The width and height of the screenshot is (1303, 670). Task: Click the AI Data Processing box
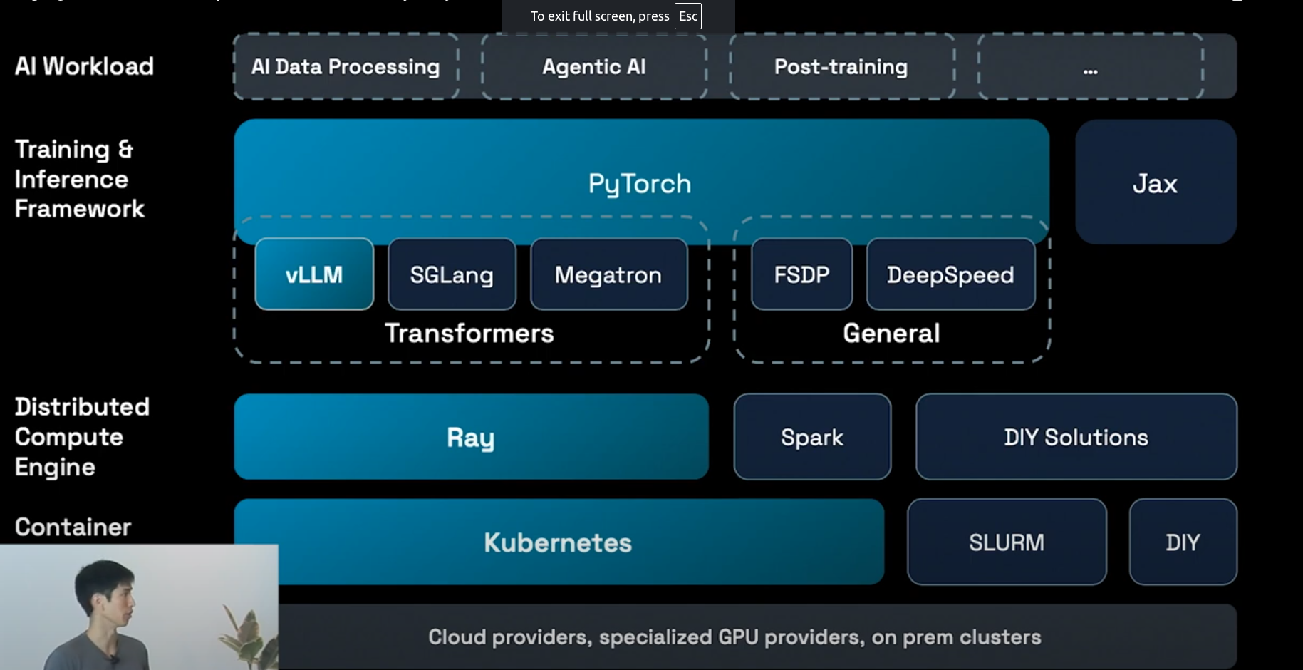tap(346, 67)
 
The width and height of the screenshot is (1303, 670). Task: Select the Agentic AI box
tap(594, 67)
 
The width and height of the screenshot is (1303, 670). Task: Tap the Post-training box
tap(841, 67)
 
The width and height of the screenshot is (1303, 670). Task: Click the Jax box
tap(1155, 183)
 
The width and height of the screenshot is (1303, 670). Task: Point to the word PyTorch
tap(640, 184)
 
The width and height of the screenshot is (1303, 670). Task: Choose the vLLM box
tap(314, 274)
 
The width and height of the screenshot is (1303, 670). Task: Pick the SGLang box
tap(452, 274)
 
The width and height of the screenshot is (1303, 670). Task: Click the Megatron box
tap(608, 274)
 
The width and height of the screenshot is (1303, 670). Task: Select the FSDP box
tap(801, 274)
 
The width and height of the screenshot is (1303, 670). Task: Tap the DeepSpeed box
tap(950, 274)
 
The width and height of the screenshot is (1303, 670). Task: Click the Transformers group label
tap(469, 334)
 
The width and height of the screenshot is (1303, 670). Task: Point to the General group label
tap(891, 334)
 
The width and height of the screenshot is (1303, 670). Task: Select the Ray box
tap(471, 437)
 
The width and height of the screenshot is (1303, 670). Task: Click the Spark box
tap(812, 437)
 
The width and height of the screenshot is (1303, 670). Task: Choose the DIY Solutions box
tap(1076, 437)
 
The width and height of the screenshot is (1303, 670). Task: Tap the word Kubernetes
tap(558, 542)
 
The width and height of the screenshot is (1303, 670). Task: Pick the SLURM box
tap(1007, 542)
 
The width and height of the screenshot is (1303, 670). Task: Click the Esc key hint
tap(688, 16)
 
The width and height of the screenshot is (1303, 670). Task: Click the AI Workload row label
tap(84, 66)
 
